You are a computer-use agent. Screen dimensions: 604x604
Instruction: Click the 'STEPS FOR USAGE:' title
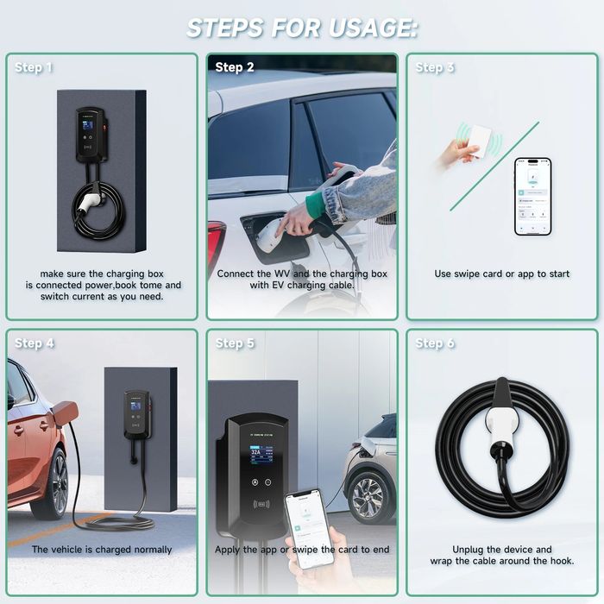302,28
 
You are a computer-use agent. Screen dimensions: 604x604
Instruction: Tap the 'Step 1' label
34,67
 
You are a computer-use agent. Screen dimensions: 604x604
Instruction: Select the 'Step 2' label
235,67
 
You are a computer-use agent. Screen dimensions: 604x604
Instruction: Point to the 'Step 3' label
435,67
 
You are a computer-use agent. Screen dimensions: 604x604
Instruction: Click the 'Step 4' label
34,343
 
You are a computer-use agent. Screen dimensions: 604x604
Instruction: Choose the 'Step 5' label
235,343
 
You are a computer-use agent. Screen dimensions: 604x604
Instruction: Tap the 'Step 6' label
435,343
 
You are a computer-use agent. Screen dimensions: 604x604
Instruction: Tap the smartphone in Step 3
532,196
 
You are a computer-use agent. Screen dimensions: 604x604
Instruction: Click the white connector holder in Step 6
500,423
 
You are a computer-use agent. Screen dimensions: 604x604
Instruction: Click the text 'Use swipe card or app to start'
501,274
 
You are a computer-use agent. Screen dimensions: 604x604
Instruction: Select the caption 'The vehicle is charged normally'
102,550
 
